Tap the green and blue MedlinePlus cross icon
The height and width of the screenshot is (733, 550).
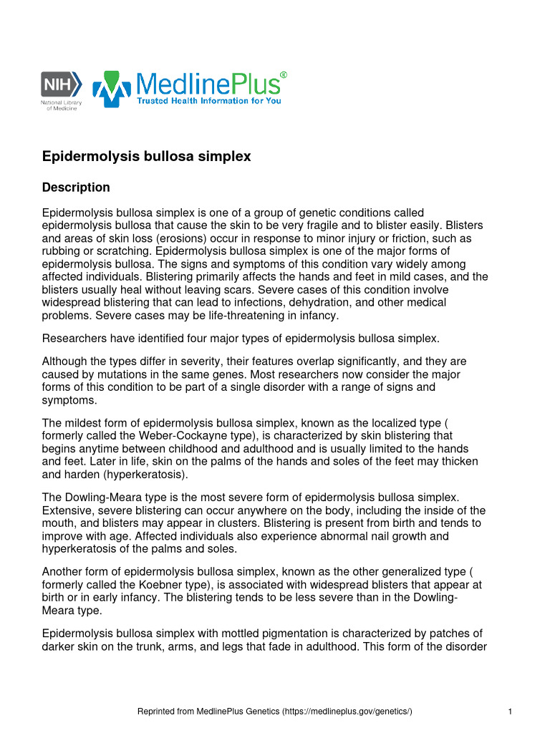click(112, 89)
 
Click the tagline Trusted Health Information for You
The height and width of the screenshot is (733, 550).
click(209, 101)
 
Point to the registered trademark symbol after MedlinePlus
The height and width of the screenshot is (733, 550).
click(284, 74)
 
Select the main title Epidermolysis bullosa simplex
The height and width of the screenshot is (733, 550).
click(147, 156)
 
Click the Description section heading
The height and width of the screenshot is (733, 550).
click(76, 188)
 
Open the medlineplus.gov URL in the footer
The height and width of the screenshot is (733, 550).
click(347, 712)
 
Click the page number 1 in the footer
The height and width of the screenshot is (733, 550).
click(508, 712)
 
